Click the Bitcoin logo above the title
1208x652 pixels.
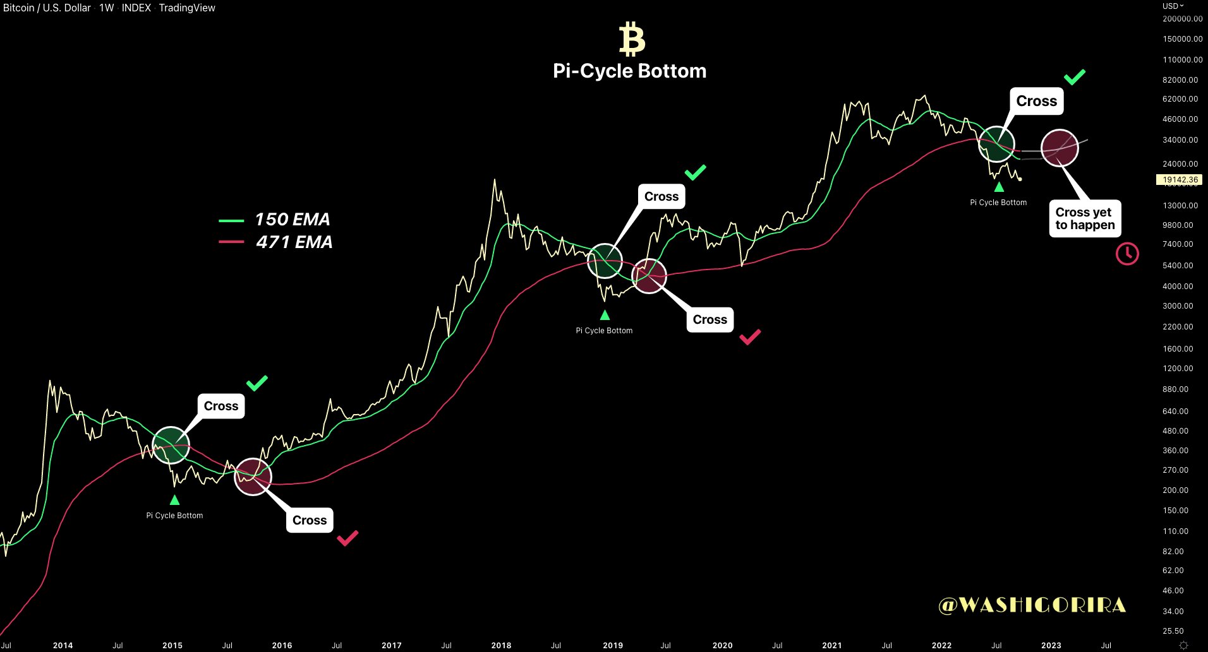click(632, 39)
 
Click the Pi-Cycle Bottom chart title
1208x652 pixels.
click(629, 71)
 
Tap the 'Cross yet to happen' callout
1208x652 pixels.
click(1085, 218)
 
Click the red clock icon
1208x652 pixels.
click(1127, 254)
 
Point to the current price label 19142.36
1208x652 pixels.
click(1180, 180)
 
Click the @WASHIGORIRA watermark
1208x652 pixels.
click(1032, 605)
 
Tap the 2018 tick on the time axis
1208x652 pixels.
click(501, 645)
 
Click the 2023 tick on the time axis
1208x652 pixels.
click(1051, 645)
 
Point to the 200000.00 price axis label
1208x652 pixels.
click(1182, 19)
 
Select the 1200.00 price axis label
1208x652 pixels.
click(1178, 369)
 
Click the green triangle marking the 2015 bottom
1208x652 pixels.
click(175, 501)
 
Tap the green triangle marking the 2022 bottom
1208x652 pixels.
click(999, 187)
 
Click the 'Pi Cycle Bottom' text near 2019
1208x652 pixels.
click(604, 331)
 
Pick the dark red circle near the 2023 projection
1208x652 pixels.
click(1060, 148)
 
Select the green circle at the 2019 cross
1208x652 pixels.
click(605, 261)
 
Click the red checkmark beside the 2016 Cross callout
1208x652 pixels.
click(347, 538)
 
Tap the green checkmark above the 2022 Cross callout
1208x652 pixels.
click(1074, 77)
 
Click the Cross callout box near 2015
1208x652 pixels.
click(221, 406)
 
